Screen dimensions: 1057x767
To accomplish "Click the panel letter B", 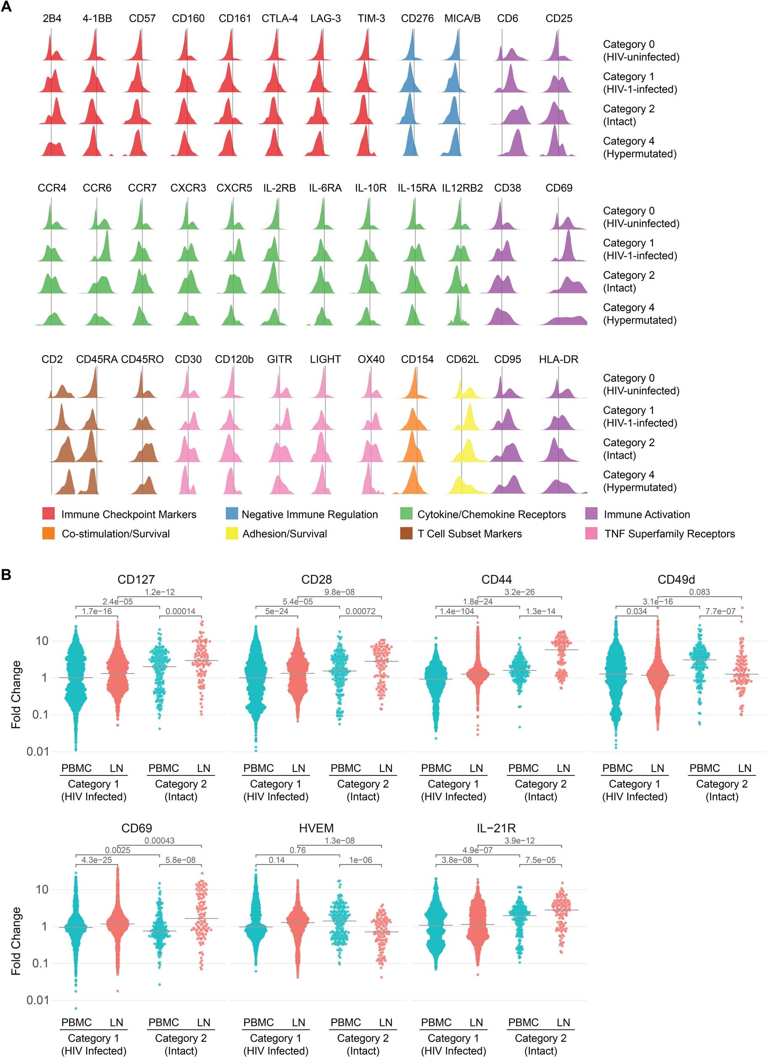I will click(x=7, y=575).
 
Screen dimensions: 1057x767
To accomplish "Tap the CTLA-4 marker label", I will click(x=280, y=18).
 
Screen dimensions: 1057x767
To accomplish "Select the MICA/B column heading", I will click(x=462, y=18).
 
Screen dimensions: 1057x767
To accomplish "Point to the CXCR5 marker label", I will click(x=234, y=188).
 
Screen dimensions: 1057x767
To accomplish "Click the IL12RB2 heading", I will click(x=462, y=188).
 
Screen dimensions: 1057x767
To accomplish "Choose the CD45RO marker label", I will click(x=142, y=359).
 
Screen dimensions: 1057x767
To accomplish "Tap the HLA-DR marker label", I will click(x=558, y=359).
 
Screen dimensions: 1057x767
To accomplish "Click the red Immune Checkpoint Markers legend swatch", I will click(x=48, y=515).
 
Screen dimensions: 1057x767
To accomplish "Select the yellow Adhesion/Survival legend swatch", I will click(x=231, y=534).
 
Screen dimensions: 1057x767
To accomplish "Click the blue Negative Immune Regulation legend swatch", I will click(x=231, y=515).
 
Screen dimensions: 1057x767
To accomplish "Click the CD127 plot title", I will click(x=136, y=580).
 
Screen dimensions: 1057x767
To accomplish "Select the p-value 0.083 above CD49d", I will click(x=699, y=592).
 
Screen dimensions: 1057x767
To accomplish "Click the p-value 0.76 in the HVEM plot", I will click(x=298, y=850).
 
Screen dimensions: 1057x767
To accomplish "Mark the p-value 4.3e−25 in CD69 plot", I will click(x=97, y=860).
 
